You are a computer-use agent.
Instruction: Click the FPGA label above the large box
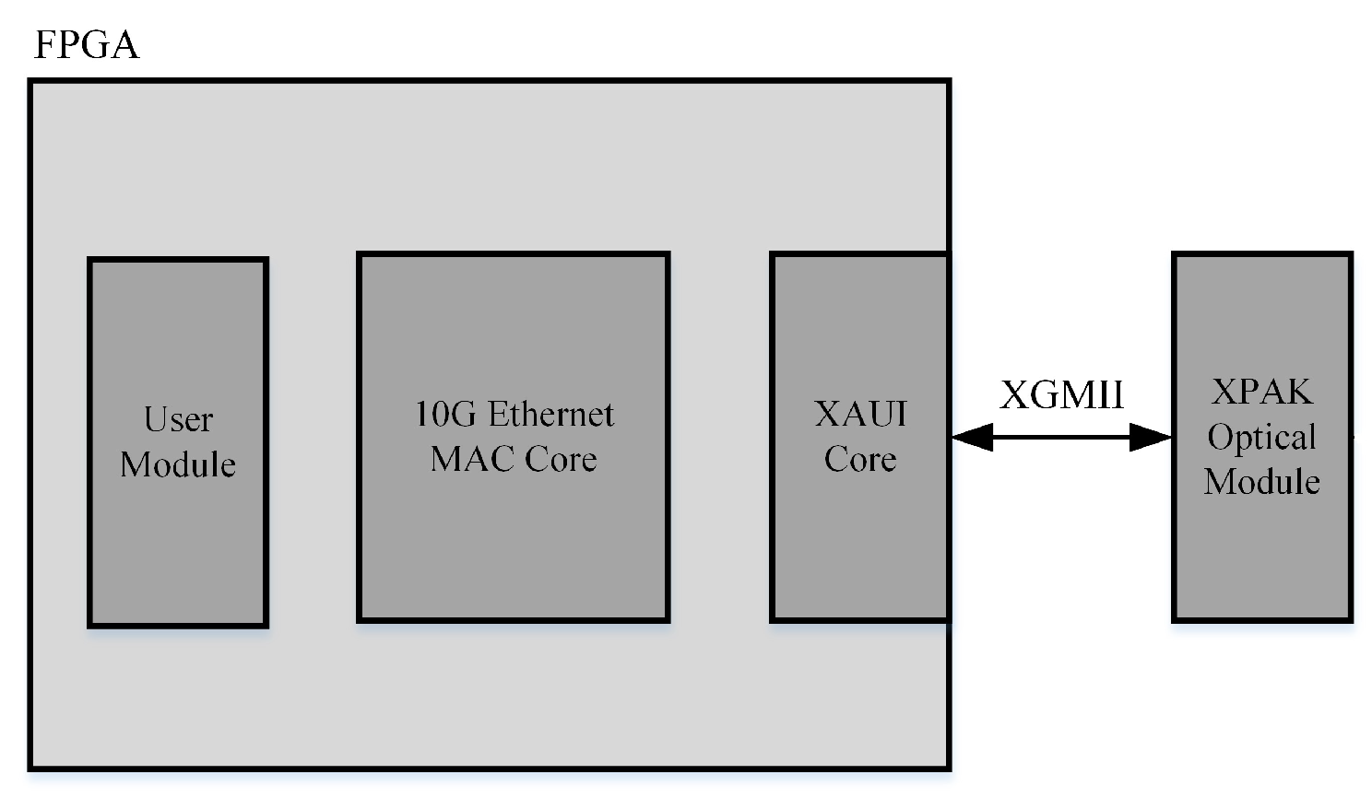coord(86,44)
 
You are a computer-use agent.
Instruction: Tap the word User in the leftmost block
coord(178,420)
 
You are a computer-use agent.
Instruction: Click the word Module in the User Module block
coord(178,464)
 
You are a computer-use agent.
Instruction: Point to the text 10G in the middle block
coord(445,415)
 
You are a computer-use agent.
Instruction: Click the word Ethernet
coord(550,415)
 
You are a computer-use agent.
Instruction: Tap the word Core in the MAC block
coord(562,459)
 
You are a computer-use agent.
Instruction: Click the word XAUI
coord(860,414)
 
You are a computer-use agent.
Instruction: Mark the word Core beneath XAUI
coord(860,459)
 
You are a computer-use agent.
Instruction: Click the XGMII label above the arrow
coord(1061,395)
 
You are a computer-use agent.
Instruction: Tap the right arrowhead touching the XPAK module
coord(1150,437)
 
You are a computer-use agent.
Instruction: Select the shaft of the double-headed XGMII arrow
coord(1061,437)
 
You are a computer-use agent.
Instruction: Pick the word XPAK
coord(1261,393)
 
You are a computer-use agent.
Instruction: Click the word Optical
coord(1261,437)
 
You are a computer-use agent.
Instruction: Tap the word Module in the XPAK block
coord(1261,481)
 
